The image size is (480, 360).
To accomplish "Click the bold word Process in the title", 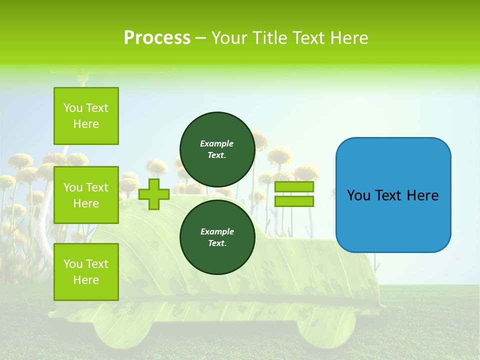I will [157, 38].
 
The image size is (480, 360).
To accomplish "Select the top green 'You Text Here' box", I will [86, 116].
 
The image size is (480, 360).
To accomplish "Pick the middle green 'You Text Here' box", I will [86, 195].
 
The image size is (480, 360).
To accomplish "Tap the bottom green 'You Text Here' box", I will [86, 272].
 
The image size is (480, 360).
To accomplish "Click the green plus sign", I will [154, 194].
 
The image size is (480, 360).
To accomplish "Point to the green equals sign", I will [294, 194].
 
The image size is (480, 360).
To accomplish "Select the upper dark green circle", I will [217, 149].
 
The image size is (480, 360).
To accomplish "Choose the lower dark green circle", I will [217, 237].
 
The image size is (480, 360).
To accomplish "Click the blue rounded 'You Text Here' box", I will [393, 195].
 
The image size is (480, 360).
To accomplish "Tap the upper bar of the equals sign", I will [294, 187].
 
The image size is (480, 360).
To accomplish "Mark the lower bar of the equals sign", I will [294, 201].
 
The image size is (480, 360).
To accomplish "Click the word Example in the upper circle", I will [217, 143].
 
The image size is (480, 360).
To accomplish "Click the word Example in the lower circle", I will [217, 231].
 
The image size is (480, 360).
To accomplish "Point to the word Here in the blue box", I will [422, 195].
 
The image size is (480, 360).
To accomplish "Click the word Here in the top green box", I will [86, 124].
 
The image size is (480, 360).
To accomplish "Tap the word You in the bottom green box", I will [73, 264].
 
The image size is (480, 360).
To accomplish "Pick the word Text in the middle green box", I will [96, 187].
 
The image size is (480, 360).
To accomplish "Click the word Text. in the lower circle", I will [217, 243].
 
